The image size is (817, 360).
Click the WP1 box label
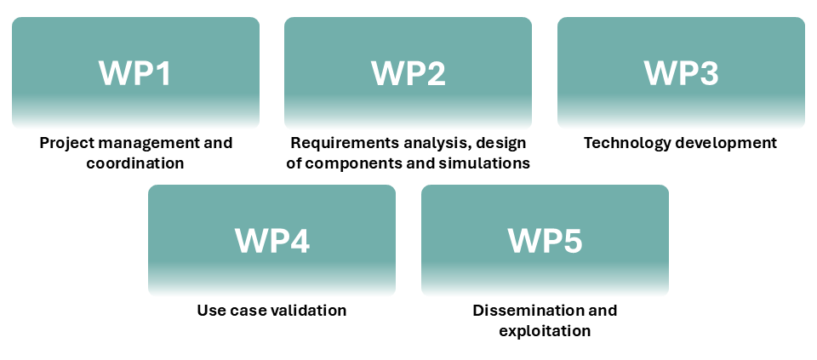coord(135,73)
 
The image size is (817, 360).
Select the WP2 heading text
coord(408,73)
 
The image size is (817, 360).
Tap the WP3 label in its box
coord(681,73)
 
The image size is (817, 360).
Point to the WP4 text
coord(271,241)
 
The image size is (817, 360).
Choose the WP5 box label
coord(545,241)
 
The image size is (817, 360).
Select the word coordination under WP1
coord(135,163)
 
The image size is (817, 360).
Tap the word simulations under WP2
coord(488,163)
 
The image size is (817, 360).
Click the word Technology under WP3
coord(626,143)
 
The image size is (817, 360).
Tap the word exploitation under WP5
coord(545,331)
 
